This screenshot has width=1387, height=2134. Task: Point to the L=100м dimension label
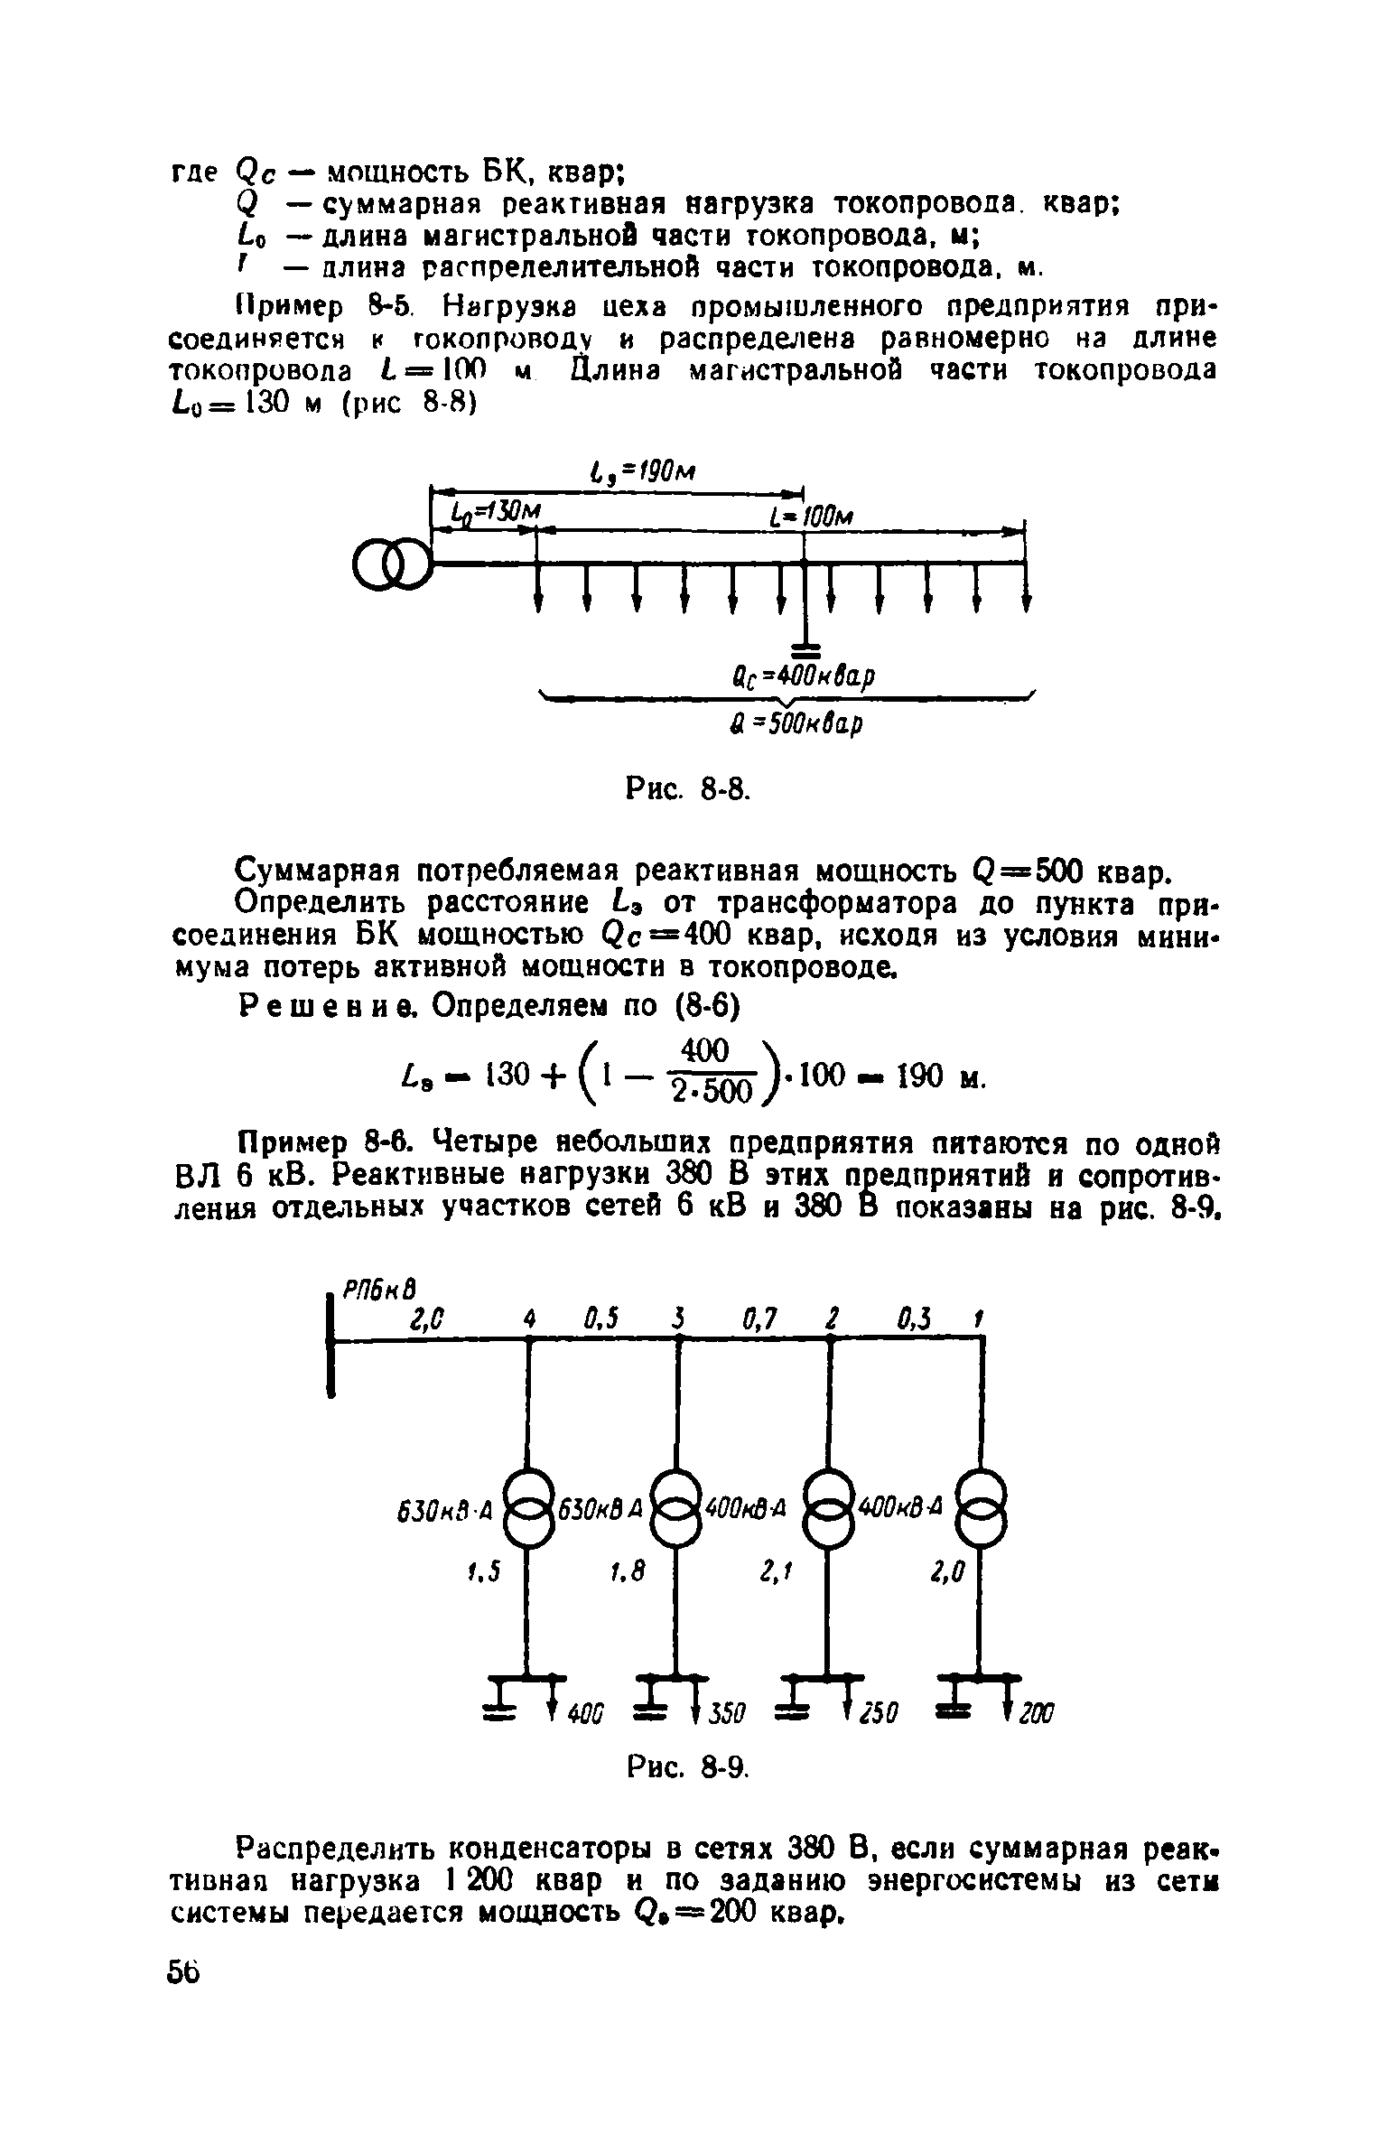pyautogui.click(x=812, y=517)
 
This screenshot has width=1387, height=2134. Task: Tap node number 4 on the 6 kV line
pyautogui.click(x=528, y=1321)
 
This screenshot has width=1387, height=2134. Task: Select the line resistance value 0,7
pyautogui.click(x=759, y=1321)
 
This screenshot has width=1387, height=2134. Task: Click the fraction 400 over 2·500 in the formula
pyautogui.click(x=705, y=1072)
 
